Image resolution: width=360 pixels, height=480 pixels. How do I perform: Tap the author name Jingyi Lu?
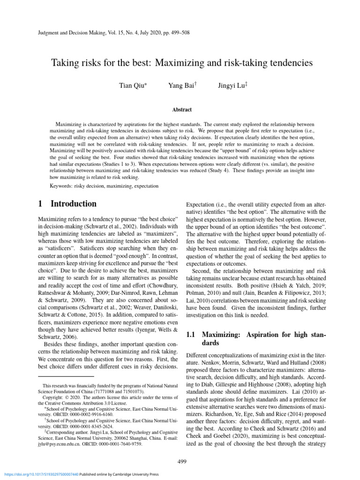point(229,85)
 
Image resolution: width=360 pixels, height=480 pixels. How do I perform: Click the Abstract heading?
point(182,109)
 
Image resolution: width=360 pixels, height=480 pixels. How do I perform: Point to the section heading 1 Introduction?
point(67,204)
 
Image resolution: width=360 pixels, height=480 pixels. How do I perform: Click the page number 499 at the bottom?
point(182,461)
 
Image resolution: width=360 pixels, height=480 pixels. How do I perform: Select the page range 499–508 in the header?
point(179,33)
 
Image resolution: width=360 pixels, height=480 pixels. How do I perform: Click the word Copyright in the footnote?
point(53,397)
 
